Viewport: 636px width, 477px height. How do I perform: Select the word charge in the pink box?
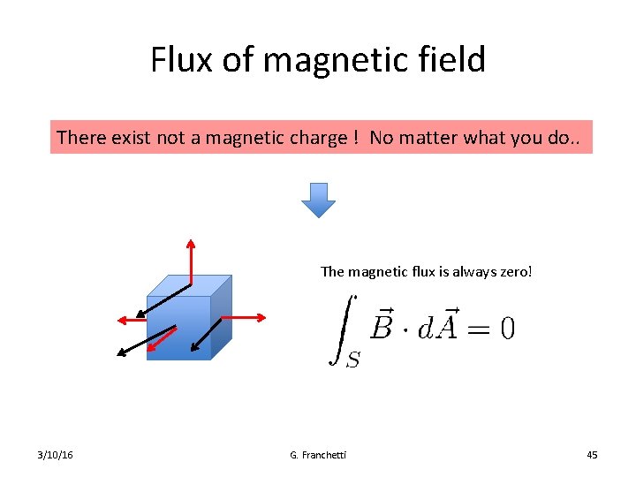316,138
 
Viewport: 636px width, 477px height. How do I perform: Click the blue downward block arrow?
318,200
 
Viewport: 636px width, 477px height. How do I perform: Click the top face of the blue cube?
189,285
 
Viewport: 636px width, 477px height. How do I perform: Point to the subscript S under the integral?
352,360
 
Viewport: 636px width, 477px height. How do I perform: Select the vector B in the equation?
382,324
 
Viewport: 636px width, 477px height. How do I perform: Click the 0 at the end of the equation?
506,328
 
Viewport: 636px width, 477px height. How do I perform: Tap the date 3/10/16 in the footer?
56,455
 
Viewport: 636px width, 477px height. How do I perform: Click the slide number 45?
592,455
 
